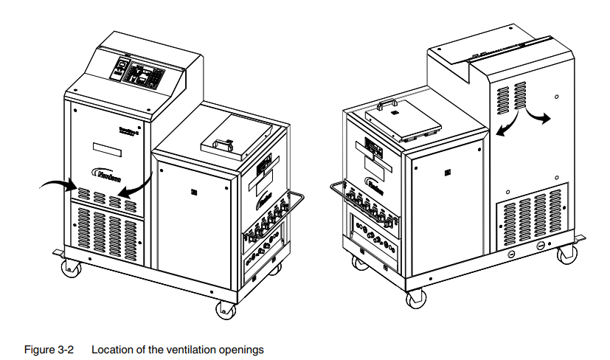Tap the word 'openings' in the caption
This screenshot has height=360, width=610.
tap(244, 349)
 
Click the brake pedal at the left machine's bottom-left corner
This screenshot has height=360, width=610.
tap(59, 253)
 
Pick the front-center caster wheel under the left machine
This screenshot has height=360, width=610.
tap(223, 309)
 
